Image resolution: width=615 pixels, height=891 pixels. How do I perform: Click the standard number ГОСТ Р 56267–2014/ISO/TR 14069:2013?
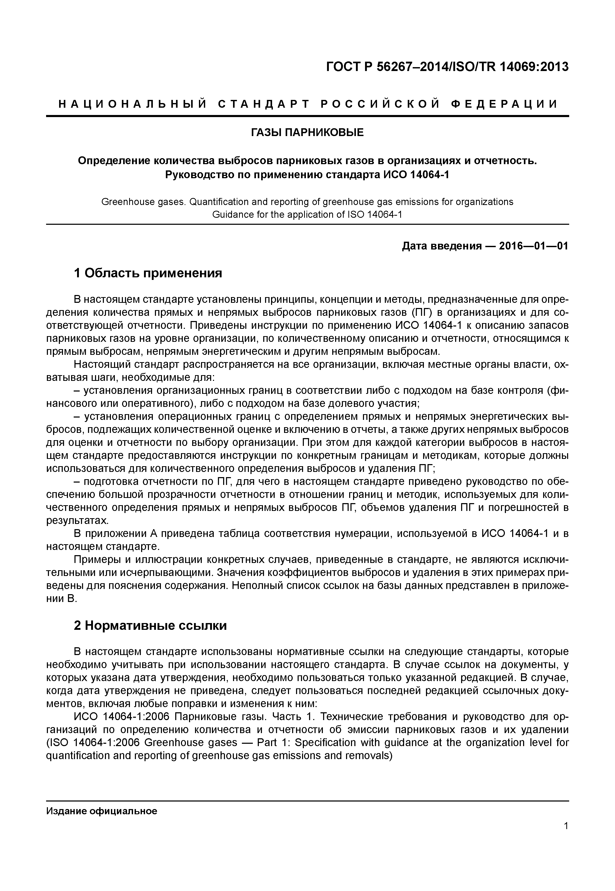tap(447, 67)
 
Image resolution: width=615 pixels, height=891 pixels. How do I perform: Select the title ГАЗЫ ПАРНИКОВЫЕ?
tap(307, 133)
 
